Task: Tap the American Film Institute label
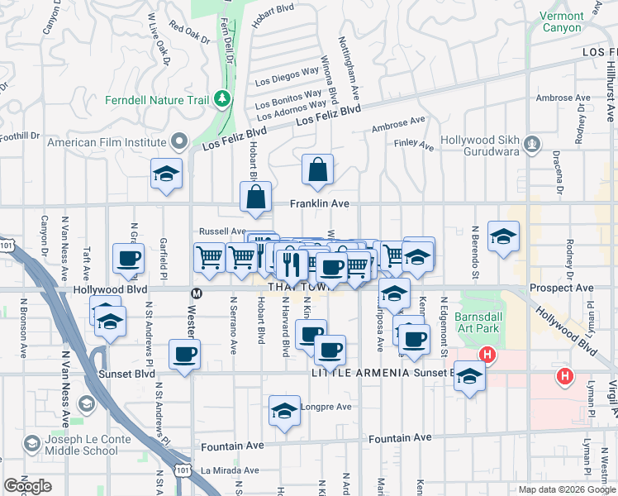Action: point(107,142)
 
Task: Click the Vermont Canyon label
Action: point(562,21)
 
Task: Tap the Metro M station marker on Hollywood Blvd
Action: point(197,293)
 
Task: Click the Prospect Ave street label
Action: point(562,289)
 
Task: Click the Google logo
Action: point(27,486)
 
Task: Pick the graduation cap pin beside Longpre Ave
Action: point(284,411)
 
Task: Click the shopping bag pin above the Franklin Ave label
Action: point(318,171)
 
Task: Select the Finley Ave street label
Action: point(415,145)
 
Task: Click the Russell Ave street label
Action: point(222,231)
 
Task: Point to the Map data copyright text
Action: point(566,489)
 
